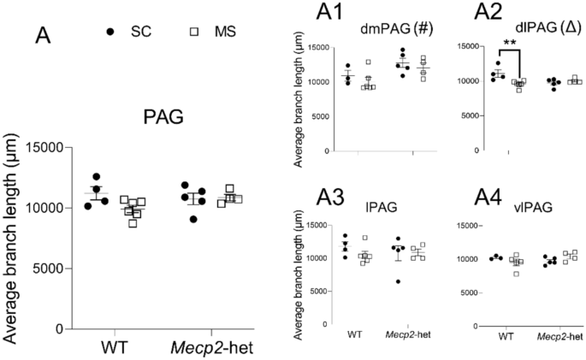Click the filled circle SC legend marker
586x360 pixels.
click(x=111, y=32)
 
